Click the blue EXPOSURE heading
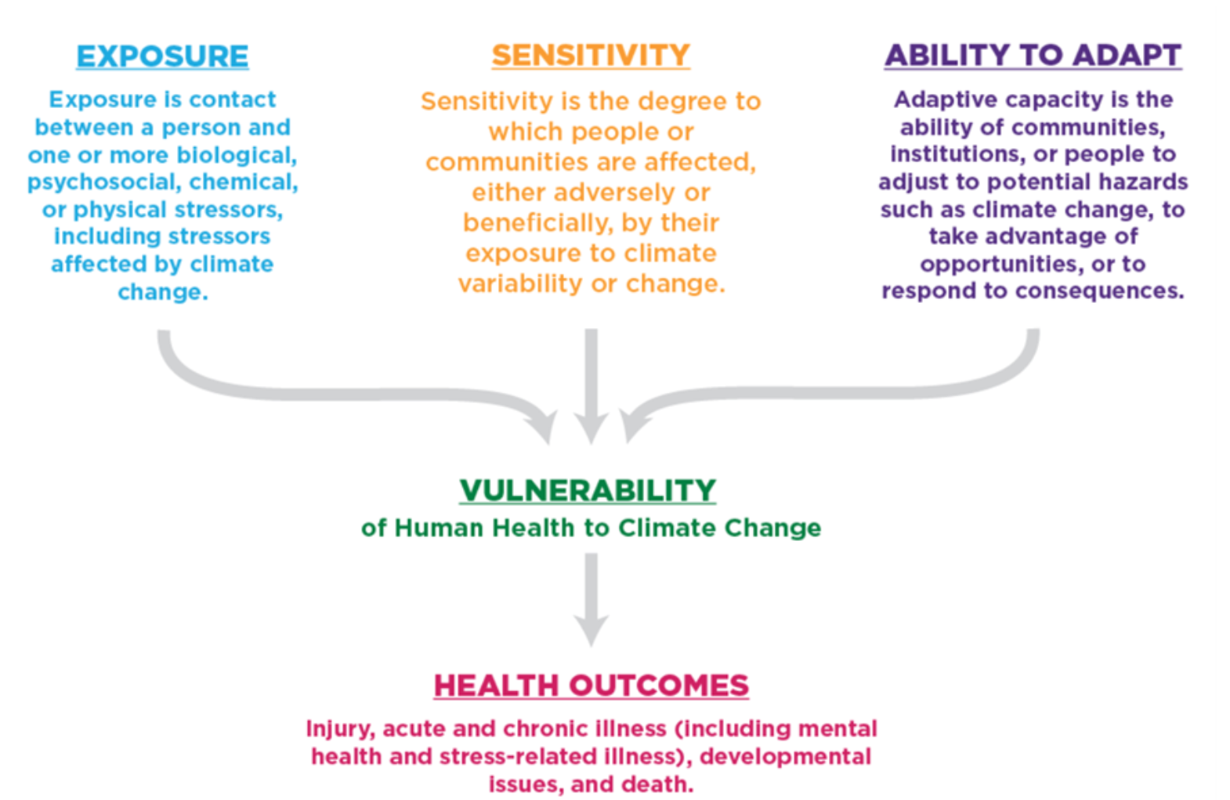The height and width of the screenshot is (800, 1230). coord(162,56)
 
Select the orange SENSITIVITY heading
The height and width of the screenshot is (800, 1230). coord(591,56)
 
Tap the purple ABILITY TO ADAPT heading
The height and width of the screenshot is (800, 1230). coord(1033,56)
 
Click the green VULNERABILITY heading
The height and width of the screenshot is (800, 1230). coord(588,491)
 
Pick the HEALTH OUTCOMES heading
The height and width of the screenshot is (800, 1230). coord(591,686)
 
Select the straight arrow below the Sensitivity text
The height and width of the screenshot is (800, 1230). coord(591,384)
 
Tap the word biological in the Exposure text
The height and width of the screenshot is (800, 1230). coord(236,155)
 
